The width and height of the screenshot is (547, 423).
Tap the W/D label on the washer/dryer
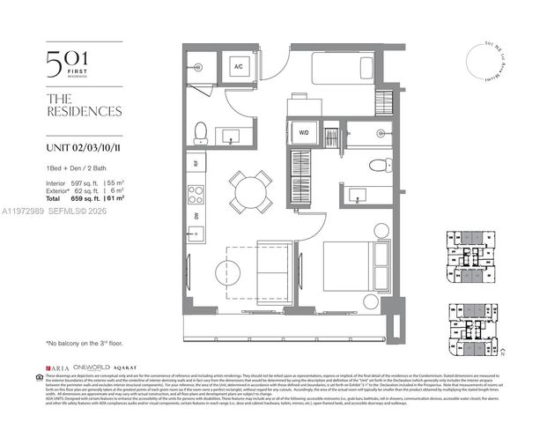click(303, 133)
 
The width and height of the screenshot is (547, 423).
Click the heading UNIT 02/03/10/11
click(84, 147)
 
